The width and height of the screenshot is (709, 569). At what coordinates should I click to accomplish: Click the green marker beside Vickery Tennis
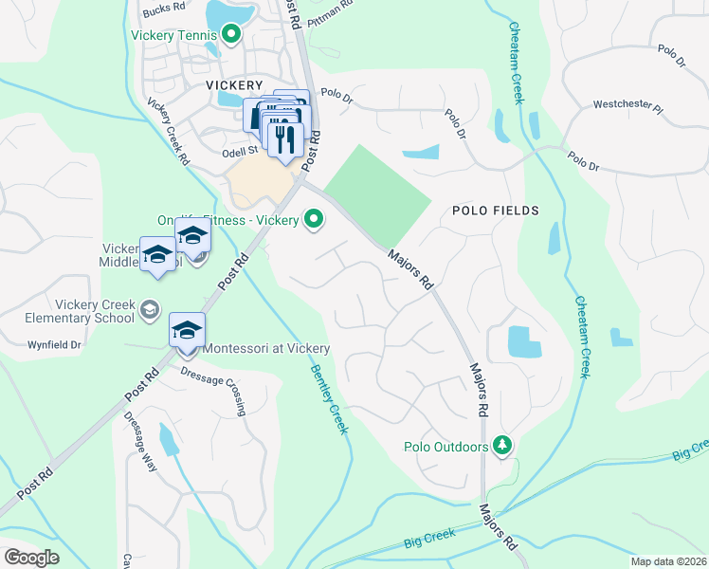click(x=231, y=37)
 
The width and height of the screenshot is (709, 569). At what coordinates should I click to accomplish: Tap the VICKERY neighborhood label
click(x=233, y=84)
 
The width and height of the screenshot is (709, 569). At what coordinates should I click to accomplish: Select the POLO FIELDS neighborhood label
click(x=495, y=211)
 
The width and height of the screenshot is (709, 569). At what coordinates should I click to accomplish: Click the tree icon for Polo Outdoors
click(x=502, y=446)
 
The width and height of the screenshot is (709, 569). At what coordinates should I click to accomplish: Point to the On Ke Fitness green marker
click(x=314, y=220)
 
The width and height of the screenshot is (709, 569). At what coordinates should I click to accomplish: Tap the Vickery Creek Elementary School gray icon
click(x=149, y=309)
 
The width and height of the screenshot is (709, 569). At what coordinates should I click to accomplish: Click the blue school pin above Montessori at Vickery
click(x=188, y=331)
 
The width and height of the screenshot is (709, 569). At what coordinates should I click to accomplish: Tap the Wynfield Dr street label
click(x=54, y=344)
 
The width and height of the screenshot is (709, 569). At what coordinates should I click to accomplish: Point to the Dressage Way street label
click(x=141, y=445)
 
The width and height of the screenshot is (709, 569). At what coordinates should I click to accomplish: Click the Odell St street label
click(x=240, y=151)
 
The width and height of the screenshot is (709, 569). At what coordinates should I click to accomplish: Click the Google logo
click(x=32, y=557)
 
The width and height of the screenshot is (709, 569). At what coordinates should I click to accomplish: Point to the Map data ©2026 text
click(x=668, y=561)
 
